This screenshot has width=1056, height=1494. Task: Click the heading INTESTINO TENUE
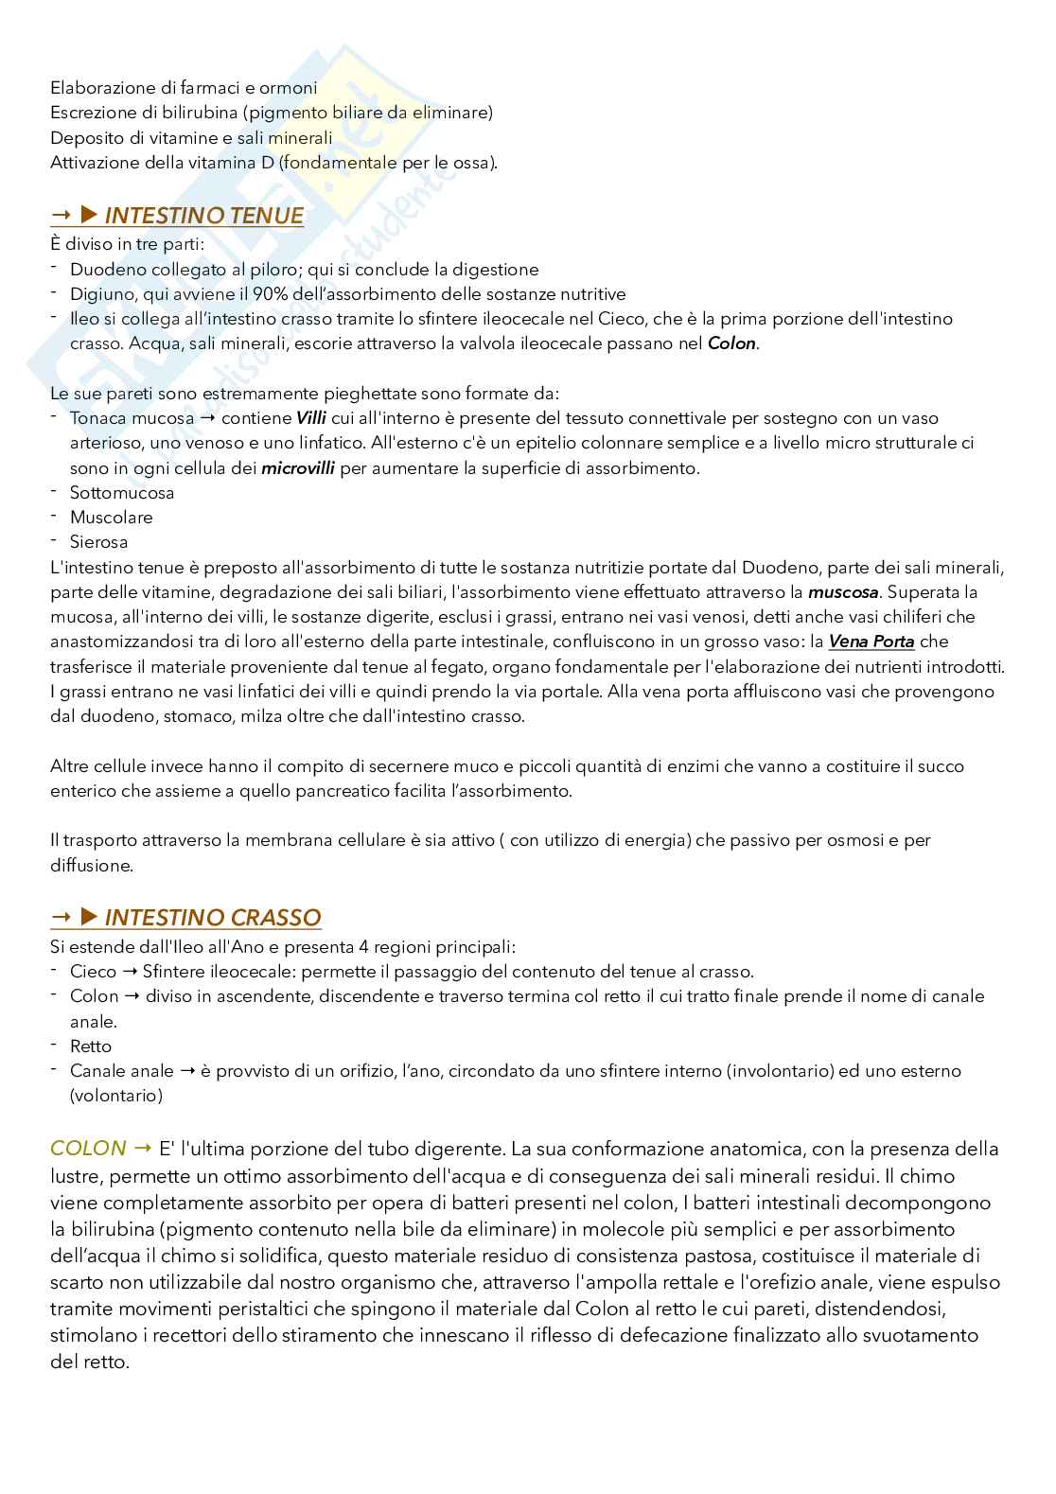pyautogui.click(x=203, y=217)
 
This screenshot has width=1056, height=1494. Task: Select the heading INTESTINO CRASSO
pyautogui.click(x=212, y=918)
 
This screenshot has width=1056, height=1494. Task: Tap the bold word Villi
pyautogui.click(x=310, y=418)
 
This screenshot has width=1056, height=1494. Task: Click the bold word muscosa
pyautogui.click(x=843, y=592)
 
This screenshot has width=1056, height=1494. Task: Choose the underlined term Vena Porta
pyautogui.click(x=871, y=642)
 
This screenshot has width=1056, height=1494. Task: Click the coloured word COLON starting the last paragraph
pyautogui.click(x=88, y=1149)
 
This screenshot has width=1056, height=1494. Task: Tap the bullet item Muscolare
pyautogui.click(x=111, y=518)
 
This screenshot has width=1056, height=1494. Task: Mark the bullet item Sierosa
pyautogui.click(x=98, y=542)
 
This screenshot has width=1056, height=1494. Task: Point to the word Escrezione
pyautogui.click(x=90, y=114)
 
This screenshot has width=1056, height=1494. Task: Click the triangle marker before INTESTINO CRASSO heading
pyautogui.click(x=90, y=917)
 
